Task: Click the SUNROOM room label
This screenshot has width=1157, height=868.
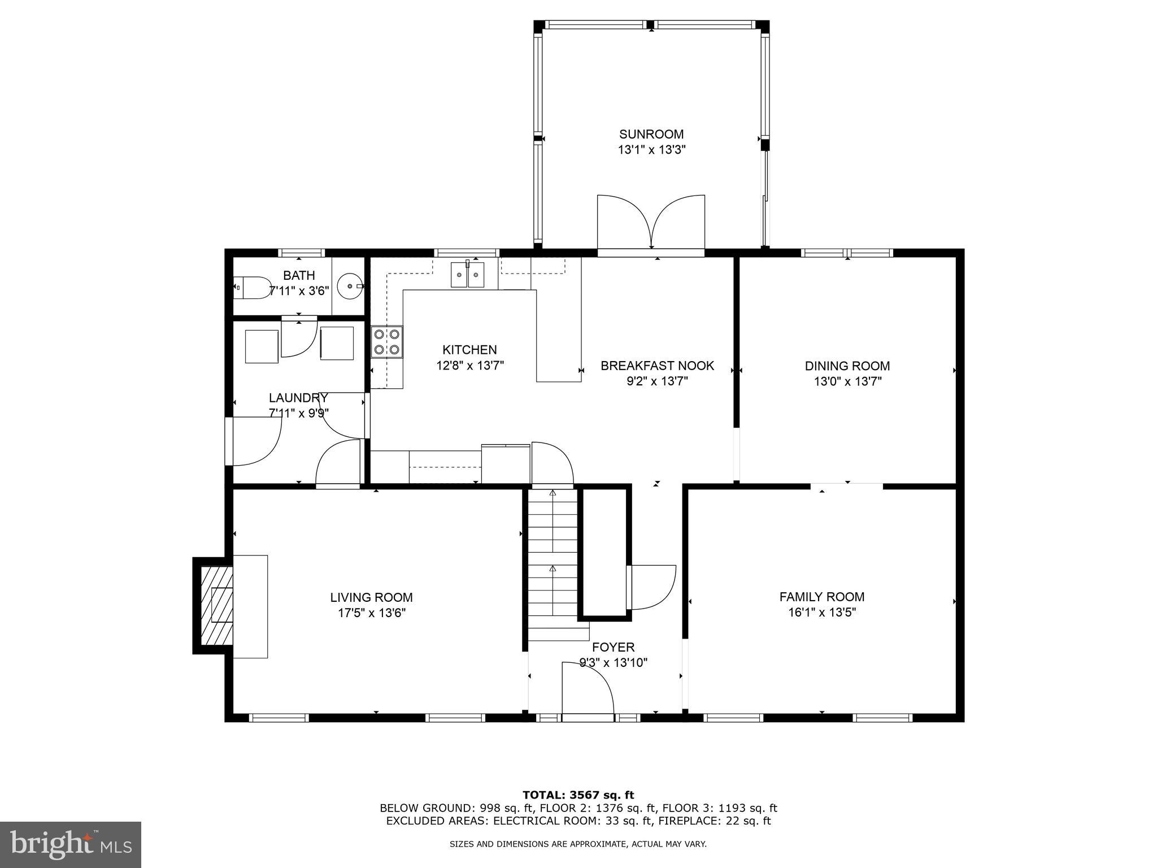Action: point(651,134)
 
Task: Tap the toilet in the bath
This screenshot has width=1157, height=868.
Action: point(254,288)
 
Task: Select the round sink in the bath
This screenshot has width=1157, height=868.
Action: point(349,287)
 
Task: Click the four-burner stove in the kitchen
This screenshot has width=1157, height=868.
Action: point(387,342)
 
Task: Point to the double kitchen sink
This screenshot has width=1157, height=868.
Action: point(467,275)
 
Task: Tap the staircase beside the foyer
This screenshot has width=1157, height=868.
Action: point(553,565)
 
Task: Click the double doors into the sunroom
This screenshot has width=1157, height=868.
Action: point(651,223)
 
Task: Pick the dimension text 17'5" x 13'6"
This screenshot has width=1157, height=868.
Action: point(371,613)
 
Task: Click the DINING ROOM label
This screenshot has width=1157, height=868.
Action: point(847,366)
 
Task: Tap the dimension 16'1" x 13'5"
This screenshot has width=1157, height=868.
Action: point(822,613)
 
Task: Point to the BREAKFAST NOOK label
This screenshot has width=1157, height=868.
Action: point(657,366)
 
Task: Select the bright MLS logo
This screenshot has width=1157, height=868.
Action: point(71,844)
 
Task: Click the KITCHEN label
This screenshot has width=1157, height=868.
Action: point(469,350)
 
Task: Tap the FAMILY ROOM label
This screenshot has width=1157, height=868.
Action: point(821,597)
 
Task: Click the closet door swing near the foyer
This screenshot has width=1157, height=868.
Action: point(653,588)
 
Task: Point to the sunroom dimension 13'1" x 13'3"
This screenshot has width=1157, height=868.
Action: point(651,150)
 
